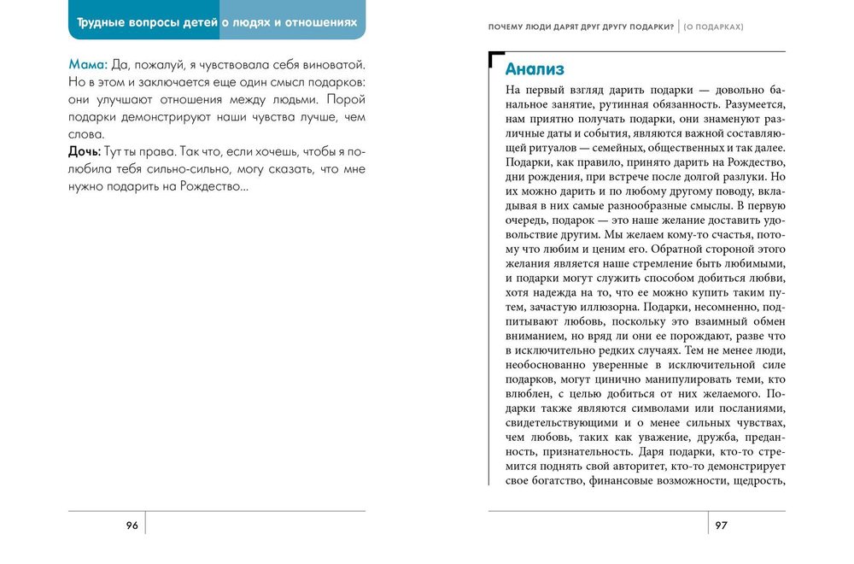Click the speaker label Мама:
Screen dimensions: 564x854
(88, 65)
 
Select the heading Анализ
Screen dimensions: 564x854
(535, 69)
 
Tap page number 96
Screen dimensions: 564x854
(132, 526)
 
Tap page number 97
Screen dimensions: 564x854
(722, 526)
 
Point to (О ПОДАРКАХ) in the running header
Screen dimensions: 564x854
(713, 26)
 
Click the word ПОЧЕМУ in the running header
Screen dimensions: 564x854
(510, 26)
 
